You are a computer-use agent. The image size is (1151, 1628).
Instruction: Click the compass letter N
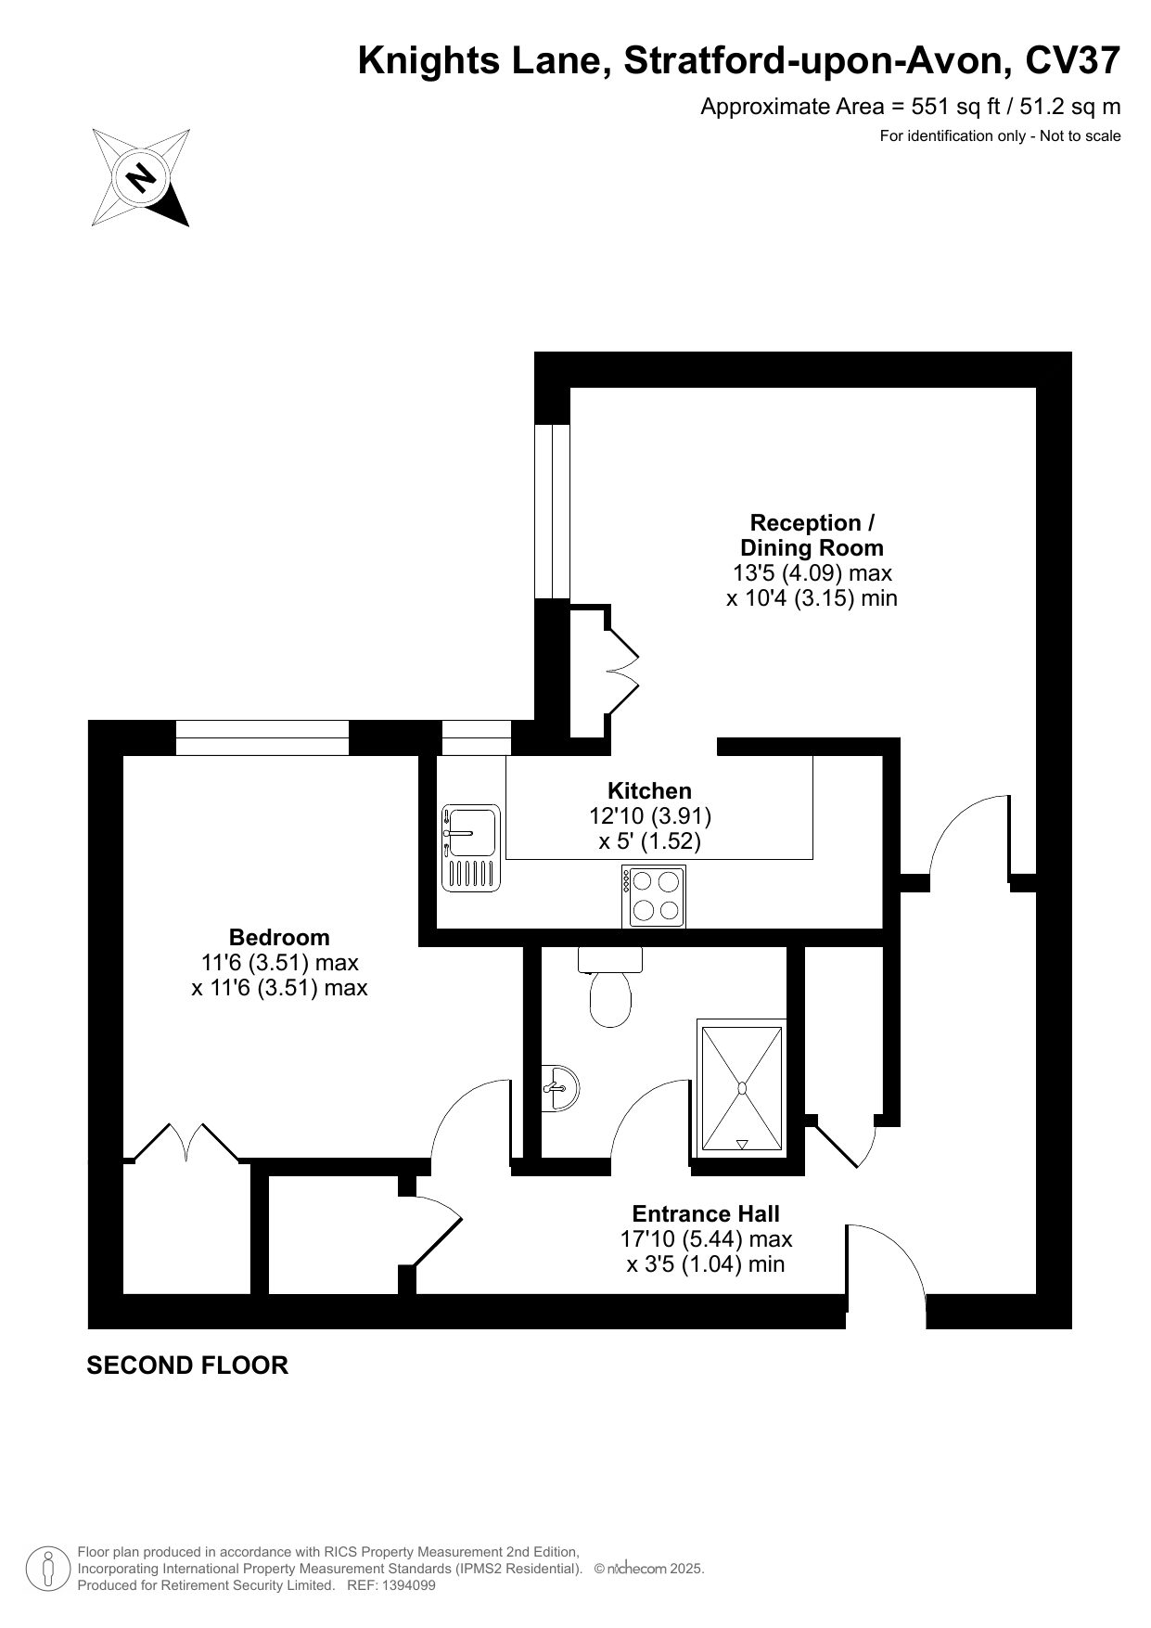[142, 176]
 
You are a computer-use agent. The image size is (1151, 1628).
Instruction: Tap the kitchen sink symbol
[471, 848]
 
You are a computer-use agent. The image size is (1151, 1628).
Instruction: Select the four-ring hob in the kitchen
[654, 896]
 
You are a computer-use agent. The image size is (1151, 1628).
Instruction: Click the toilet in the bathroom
[610, 986]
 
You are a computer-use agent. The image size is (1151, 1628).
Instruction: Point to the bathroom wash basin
[559, 1087]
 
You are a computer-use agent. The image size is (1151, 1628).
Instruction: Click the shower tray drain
[742, 1087]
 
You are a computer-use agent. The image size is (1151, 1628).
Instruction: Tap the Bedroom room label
[279, 937]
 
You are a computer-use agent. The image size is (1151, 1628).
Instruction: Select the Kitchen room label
[649, 791]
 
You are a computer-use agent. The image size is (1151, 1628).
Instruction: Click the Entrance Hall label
[706, 1213]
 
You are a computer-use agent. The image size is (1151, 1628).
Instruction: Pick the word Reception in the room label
[793, 523]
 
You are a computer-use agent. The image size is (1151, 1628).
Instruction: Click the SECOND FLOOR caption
[187, 1365]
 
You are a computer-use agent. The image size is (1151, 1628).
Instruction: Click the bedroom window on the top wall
[262, 737]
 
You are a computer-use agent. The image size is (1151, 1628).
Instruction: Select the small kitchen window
[476, 737]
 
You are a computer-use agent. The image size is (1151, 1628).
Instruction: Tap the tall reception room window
[552, 511]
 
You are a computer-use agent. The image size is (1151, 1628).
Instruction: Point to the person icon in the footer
[46, 1569]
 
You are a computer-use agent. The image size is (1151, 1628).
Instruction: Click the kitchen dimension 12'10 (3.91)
[650, 816]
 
